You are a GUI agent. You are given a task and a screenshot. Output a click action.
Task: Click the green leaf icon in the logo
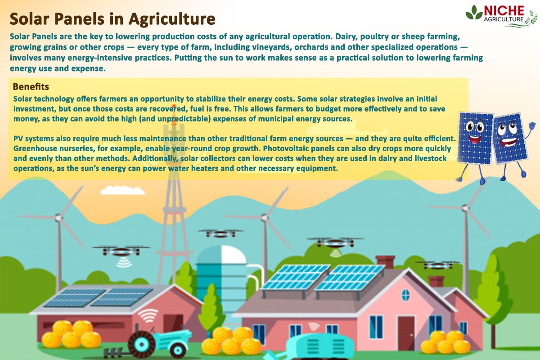474,13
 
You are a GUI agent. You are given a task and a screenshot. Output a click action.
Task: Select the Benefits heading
31,86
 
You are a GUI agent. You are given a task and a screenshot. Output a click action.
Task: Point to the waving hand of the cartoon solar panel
532,125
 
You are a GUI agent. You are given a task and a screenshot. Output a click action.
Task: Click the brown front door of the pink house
406,333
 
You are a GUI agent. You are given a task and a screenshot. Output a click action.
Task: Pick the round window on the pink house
405,295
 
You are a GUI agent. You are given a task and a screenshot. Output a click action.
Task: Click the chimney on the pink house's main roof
385,262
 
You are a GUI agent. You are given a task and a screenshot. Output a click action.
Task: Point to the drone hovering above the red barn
121,250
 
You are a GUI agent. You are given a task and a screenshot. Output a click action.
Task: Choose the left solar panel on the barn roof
68,297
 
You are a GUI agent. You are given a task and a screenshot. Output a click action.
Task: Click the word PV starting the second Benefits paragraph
19,137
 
